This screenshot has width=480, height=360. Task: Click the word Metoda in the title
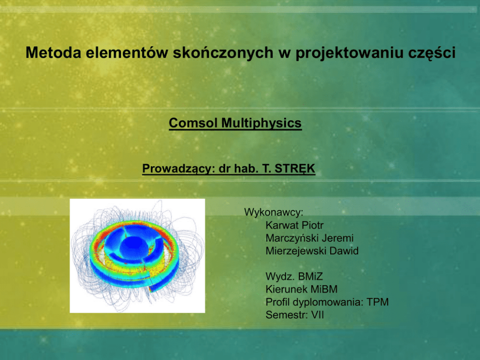pyautogui.click(x=53, y=52)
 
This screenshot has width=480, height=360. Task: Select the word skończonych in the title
pyautogui.click(x=223, y=52)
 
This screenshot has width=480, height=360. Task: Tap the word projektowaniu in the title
pyautogui.click(x=349, y=53)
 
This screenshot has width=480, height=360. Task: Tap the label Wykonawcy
pyautogui.click(x=273, y=212)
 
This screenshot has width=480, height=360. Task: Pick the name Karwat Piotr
pyautogui.click(x=295, y=225)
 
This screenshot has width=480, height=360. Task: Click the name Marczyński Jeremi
pyautogui.click(x=310, y=238)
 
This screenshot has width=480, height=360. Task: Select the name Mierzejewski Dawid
pyautogui.click(x=312, y=251)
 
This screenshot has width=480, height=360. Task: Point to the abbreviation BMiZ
pyautogui.click(x=311, y=276)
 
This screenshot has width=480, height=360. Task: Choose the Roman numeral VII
pyautogui.click(x=317, y=315)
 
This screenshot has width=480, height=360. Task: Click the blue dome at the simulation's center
pyautogui.click(x=134, y=247)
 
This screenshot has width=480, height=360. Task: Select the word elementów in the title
pyautogui.click(x=127, y=52)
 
